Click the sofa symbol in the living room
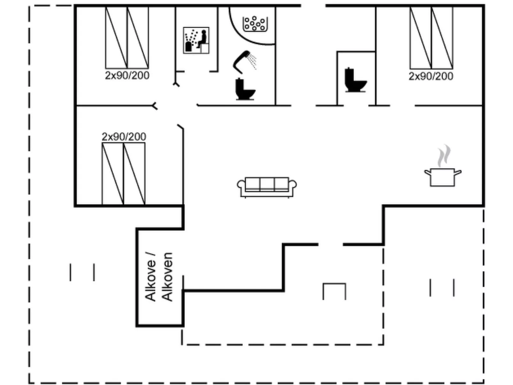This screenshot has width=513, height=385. pyautogui.click(x=267, y=187)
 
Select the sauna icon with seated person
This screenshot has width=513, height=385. pyautogui.click(x=196, y=40)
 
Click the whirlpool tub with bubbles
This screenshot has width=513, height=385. pyautogui.click(x=254, y=24)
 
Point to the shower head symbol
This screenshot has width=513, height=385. pyautogui.click(x=244, y=61)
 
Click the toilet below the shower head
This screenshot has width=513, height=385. pyautogui.click(x=245, y=89)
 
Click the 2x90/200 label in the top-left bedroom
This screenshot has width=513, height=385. pyautogui.click(x=127, y=75)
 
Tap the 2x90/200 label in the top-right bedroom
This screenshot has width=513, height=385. pyautogui.click(x=431, y=76)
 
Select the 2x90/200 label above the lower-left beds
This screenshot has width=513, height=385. pyautogui.click(x=124, y=137)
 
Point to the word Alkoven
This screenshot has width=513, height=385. pyautogui.click(x=167, y=277)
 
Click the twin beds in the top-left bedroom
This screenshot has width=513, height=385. pyautogui.click(x=127, y=38)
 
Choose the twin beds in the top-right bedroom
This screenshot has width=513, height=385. pyautogui.click(x=431, y=38)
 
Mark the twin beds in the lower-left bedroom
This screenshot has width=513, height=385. pyautogui.click(x=124, y=173)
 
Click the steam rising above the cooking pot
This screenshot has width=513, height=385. pyautogui.click(x=444, y=156)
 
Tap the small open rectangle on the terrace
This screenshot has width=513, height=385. pyautogui.click(x=334, y=291)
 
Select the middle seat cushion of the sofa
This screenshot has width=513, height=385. pyautogui.click(x=267, y=184)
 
